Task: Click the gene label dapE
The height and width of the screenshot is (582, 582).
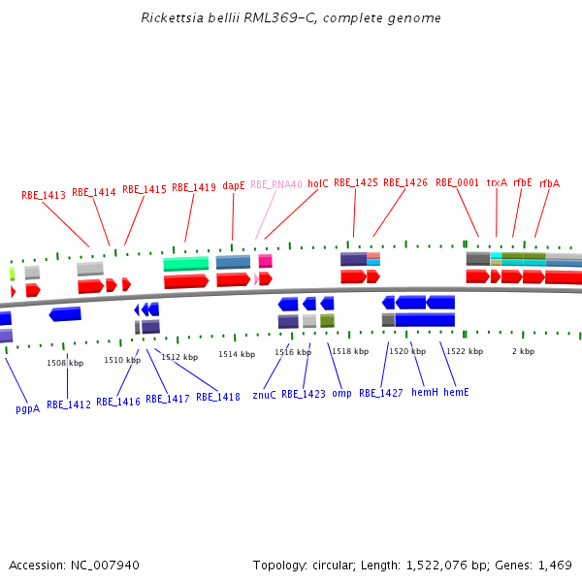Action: point(234,185)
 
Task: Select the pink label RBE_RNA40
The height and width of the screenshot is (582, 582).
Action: point(276,184)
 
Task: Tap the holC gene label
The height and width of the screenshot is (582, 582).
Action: point(318,182)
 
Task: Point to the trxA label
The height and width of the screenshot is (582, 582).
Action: point(497,182)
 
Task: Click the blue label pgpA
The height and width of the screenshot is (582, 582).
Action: point(28,409)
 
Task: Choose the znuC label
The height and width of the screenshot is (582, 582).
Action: point(264,395)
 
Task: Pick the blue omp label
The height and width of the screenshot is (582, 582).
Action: point(341,394)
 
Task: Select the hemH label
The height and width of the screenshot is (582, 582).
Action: point(425,392)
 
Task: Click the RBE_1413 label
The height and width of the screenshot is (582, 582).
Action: point(44,195)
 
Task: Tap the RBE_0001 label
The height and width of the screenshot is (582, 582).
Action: point(457,182)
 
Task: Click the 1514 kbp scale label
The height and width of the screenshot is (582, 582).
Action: point(237,355)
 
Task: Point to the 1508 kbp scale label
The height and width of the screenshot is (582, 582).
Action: point(65,363)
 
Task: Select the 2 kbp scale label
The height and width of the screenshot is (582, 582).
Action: point(523,351)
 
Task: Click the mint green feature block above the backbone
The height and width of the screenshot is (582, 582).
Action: point(185,264)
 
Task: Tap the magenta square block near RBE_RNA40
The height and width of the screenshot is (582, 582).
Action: point(265,261)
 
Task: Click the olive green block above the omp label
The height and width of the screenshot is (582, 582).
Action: point(327,320)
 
